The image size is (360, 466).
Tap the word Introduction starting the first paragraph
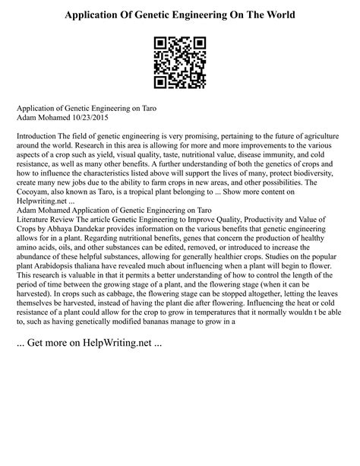40,135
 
